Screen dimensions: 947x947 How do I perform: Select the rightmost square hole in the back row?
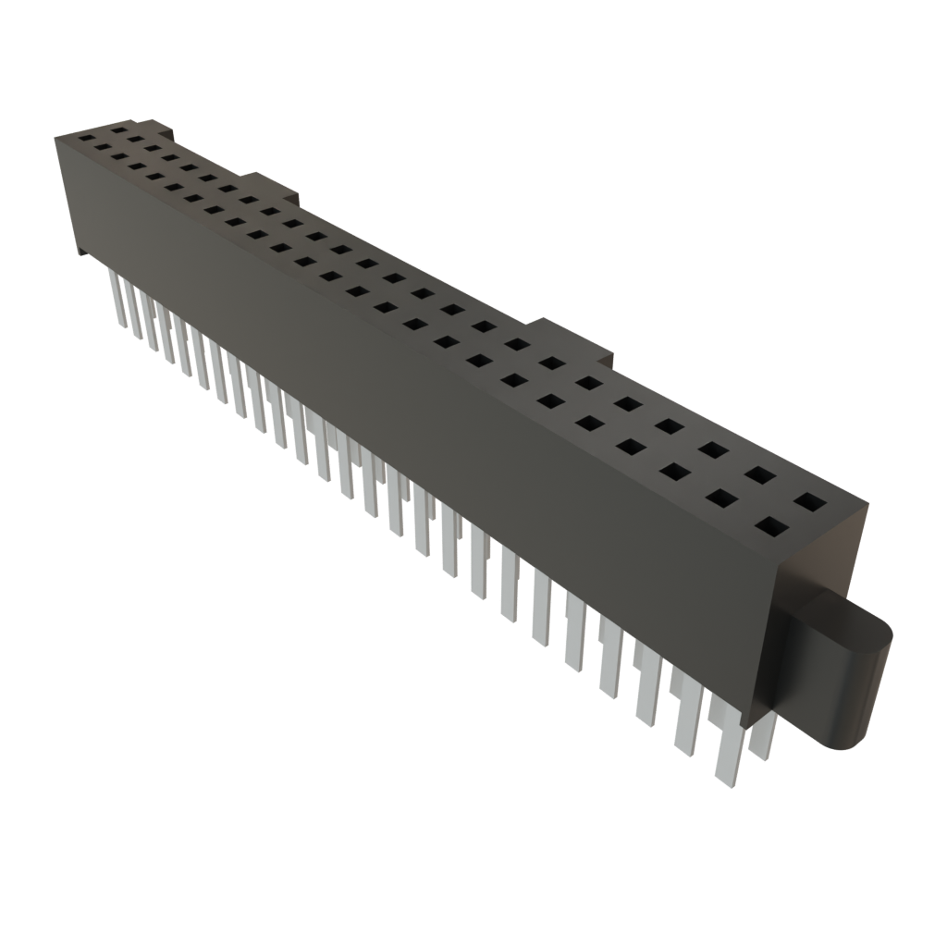tap(811, 502)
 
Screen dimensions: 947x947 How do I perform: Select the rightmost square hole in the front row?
tap(771, 529)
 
